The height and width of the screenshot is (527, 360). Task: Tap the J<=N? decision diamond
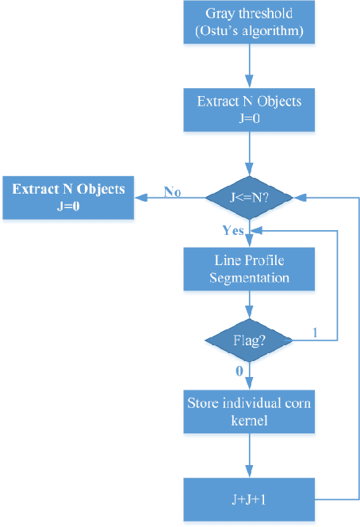tap(250, 197)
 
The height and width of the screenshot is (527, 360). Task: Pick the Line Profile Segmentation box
tap(250, 270)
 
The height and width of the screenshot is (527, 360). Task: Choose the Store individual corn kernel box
tap(250, 411)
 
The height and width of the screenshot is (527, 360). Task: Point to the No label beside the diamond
tap(172, 191)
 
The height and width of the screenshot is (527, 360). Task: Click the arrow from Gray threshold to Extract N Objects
tap(250, 67)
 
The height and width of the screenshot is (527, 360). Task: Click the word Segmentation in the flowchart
tap(250, 278)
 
